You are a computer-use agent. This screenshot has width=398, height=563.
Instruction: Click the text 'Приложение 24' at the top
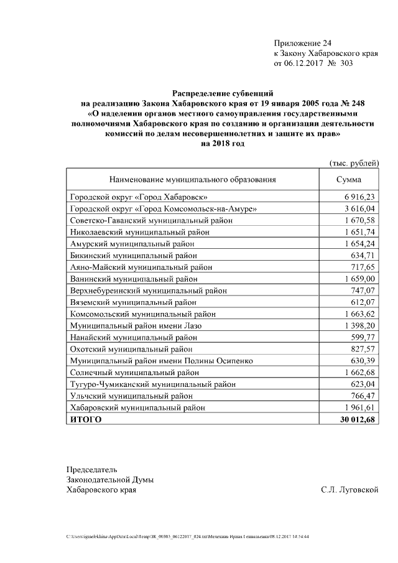(302, 43)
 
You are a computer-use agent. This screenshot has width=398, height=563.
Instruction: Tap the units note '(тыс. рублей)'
(353, 163)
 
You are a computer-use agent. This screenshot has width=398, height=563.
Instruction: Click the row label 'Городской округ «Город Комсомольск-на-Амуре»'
(164, 208)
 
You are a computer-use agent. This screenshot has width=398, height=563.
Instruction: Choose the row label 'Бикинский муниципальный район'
(134, 255)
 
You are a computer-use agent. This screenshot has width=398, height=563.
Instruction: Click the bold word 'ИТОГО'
(86, 420)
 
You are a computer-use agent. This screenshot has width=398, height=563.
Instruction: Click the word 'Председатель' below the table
(91, 469)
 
